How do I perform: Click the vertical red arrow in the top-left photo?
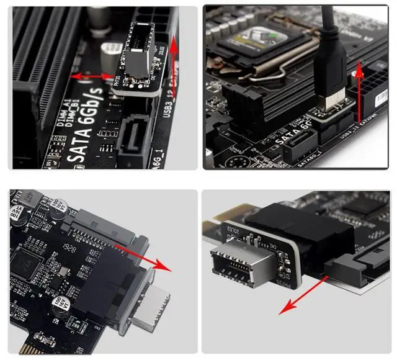coord(174,62)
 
